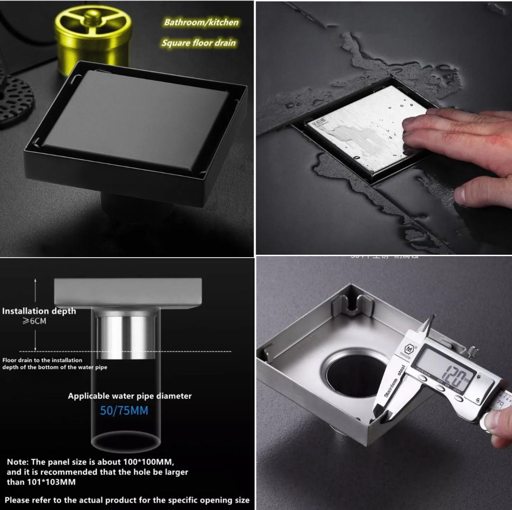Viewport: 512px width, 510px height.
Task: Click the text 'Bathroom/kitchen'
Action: click(201, 22)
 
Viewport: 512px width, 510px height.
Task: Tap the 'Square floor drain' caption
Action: click(198, 43)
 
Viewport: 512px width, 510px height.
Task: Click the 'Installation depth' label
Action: click(39, 311)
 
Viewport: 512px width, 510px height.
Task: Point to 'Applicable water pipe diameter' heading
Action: click(129, 396)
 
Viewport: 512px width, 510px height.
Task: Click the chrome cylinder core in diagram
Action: click(126, 334)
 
